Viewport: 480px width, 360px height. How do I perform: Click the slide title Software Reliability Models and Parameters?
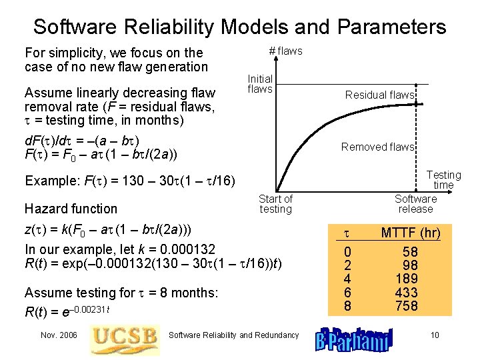240,27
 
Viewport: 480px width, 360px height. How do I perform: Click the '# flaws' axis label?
285,51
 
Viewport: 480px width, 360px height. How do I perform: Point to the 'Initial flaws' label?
260,84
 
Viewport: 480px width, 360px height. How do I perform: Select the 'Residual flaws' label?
379,95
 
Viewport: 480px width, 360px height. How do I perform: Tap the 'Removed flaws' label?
377,147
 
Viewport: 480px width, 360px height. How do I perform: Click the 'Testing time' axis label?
443,180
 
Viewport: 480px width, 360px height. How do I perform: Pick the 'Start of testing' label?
275,204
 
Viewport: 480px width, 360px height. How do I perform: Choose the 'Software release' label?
415,204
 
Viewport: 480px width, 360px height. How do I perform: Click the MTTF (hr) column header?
410,233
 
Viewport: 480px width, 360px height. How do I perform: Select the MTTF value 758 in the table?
406,306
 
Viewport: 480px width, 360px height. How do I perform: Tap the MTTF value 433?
406,293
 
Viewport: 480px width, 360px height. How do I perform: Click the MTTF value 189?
406,279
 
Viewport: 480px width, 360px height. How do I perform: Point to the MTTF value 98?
409,265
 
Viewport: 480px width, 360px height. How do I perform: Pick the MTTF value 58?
410,252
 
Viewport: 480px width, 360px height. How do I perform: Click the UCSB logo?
125,335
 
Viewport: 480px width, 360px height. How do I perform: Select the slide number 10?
435,335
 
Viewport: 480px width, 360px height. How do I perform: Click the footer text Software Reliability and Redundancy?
233,335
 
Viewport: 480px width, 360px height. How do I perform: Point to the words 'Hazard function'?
71,209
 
